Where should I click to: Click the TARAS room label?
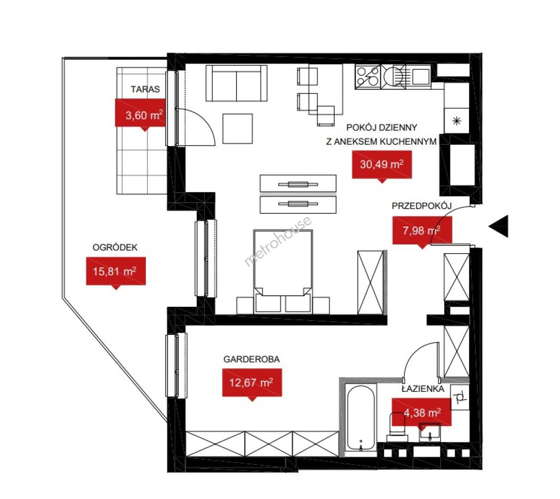(x=145, y=89)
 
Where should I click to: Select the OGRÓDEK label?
(x=114, y=247)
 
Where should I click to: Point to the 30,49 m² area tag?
(x=382, y=166)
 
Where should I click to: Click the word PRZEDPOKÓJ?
(x=422, y=206)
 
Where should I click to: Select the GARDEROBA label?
(x=252, y=359)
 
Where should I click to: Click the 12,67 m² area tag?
(x=252, y=384)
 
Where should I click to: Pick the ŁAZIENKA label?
(x=423, y=389)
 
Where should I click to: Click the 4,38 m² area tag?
(x=422, y=414)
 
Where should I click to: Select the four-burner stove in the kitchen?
(x=367, y=77)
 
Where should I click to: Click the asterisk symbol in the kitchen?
(x=457, y=121)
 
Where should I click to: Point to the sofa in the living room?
(x=236, y=83)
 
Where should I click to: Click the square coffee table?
(x=237, y=128)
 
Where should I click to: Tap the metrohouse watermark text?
(x=278, y=241)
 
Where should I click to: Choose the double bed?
(x=283, y=271)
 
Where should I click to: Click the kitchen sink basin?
(x=421, y=76)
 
